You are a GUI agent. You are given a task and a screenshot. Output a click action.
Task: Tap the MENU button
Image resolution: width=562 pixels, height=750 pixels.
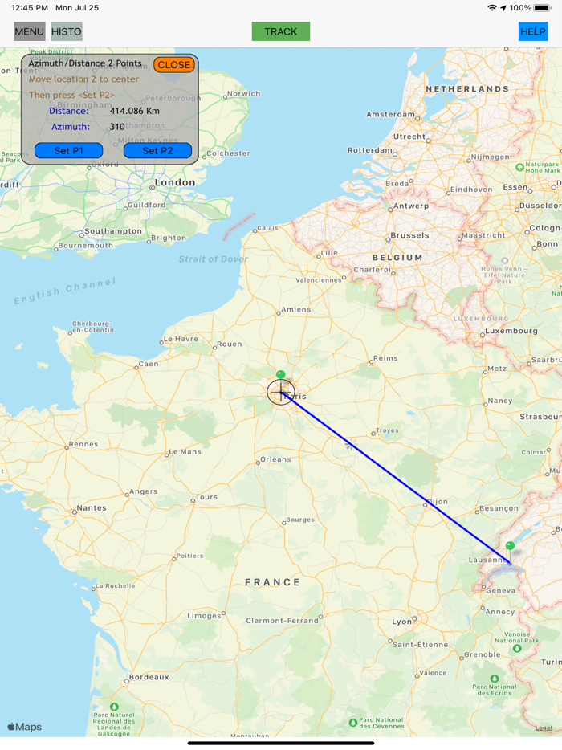(29, 32)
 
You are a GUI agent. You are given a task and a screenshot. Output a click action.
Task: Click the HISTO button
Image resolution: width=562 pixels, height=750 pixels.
(67, 32)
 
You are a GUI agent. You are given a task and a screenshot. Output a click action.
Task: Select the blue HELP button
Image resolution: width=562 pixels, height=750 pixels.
(533, 32)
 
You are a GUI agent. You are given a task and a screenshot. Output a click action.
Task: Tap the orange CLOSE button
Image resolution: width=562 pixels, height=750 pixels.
(174, 65)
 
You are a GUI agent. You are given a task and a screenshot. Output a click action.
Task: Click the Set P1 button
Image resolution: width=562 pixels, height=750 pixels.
(68, 151)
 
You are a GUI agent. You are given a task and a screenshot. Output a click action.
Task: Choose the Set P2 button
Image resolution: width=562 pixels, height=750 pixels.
(157, 151)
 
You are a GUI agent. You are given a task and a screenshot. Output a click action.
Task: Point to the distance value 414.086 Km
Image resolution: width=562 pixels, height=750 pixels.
(134, 111)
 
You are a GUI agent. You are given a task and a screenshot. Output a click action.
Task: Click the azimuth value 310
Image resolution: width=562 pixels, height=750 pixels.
(117, 127)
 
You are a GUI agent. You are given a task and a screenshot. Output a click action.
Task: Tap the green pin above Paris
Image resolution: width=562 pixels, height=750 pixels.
(280, 375)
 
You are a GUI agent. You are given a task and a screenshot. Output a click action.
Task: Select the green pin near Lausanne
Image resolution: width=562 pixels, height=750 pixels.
(510, 546)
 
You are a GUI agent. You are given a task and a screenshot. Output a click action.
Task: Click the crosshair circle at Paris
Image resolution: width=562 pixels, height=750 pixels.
(281, 392)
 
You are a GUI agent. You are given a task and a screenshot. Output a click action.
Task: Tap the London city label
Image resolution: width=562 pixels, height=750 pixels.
(175, 182)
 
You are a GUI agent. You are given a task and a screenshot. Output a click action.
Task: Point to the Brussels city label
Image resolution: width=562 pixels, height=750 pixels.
(409, 236)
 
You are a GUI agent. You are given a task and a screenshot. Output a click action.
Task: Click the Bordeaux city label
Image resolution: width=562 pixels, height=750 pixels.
(149, 677)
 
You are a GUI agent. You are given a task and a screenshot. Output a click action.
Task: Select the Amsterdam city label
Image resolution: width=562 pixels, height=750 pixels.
(390, 114)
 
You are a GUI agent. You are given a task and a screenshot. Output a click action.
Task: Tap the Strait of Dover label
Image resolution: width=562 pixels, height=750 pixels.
(213, 259)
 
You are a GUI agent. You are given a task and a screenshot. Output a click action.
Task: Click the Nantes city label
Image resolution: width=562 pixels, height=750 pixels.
(91, 508)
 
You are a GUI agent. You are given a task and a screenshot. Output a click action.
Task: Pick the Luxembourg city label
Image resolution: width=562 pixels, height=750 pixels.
(511, 331)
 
